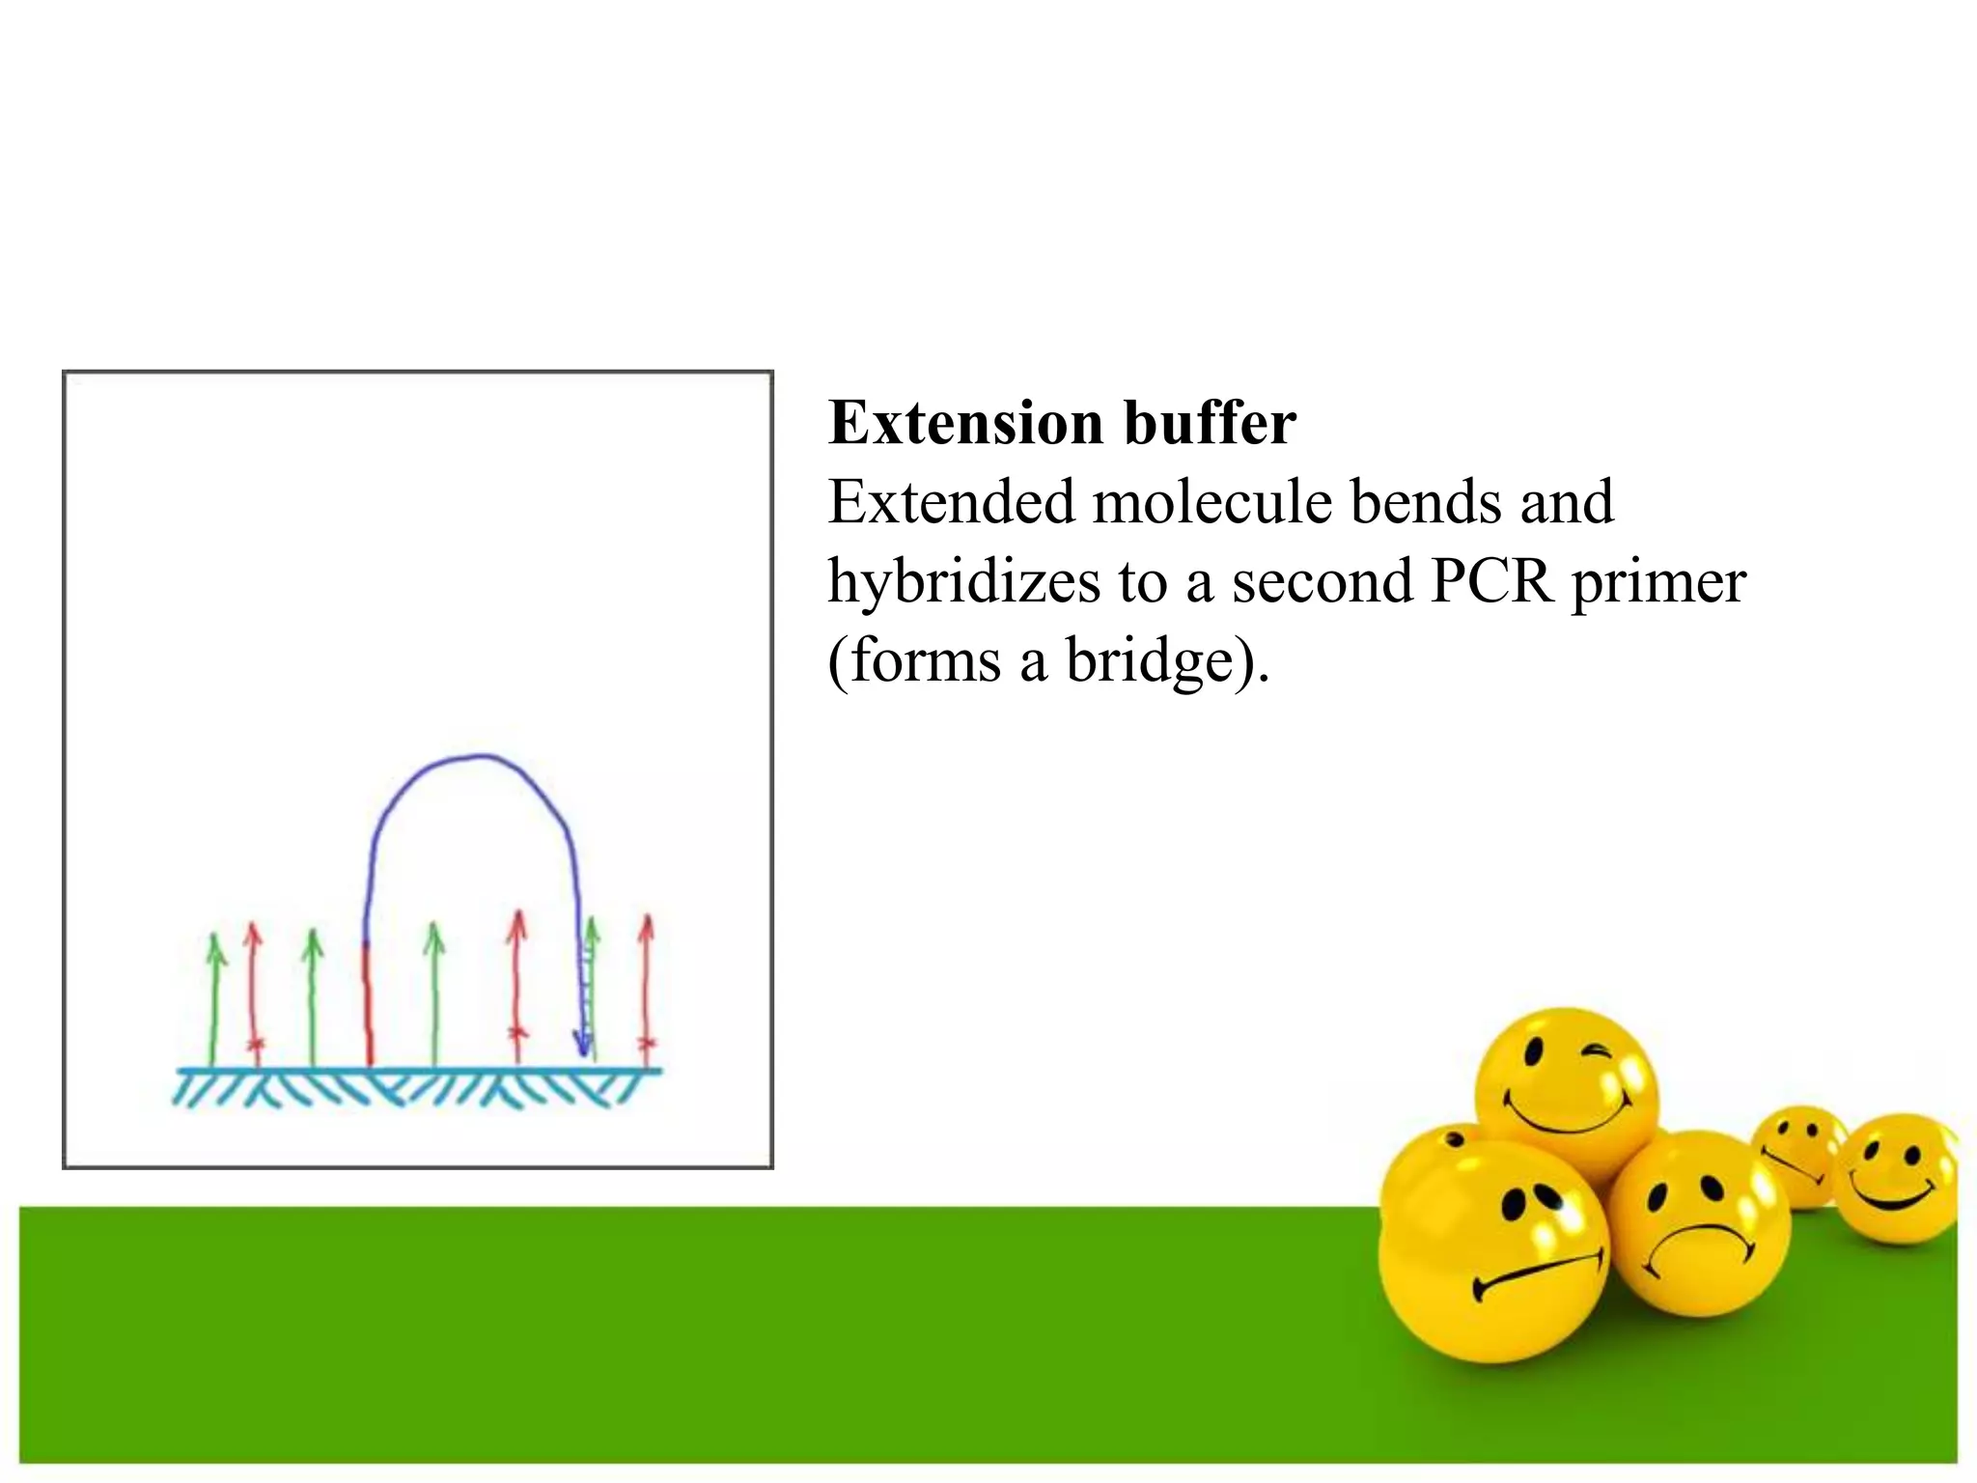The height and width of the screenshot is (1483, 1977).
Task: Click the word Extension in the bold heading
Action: tap(966, 424)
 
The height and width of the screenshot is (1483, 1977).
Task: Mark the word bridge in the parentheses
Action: tap(1149, 661)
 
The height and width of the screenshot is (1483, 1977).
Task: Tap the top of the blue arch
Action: tap(473, 758)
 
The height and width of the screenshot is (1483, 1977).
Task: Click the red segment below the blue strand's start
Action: tap(368, 1004)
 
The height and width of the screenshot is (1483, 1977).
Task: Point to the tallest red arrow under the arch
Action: tap(517, 985)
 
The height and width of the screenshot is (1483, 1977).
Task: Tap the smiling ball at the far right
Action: tap(1895, 1179)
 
